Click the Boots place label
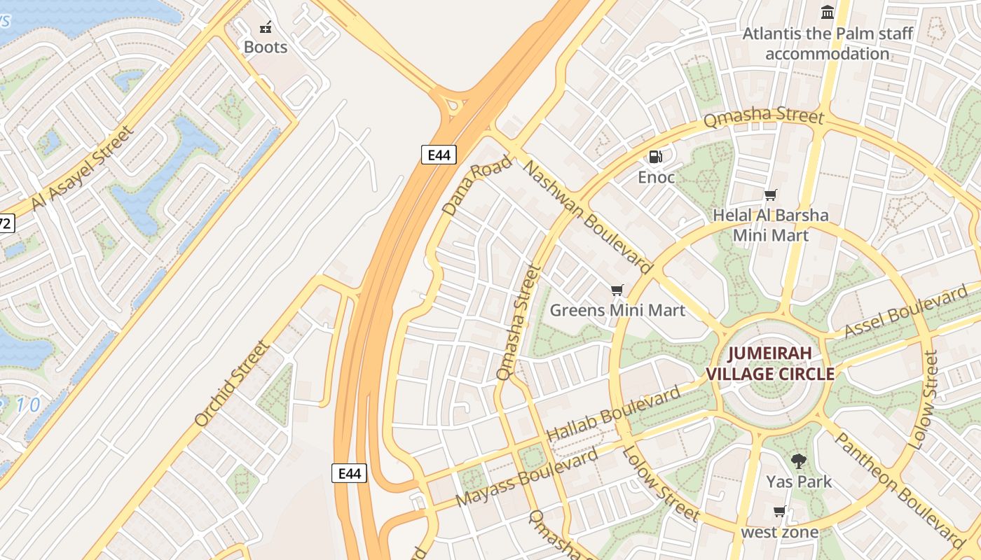click(x=266, y=47)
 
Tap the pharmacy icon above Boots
click(x=266, y=28)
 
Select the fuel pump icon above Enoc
click(x=656, y=156)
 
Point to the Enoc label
click(x=656, y=177)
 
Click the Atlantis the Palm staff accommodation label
click(x=828, y=43)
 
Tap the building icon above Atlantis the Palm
click(x=828, y=12)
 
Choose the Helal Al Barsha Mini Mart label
click(x=771, y=225)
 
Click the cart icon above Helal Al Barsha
click(x=771, y=195)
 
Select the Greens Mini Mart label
click(x=617, y=309)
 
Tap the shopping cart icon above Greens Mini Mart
click(x=617, y=290)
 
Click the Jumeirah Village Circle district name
click(x=770, y=363)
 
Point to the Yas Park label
click(x=799, y=482)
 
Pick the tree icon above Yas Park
click(x=798, y=461)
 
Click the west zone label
click(x=780, y=532)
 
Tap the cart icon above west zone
click(x=779, y=511)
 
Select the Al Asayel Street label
click(x=82, y=167)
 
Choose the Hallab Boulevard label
click(x=613, y=413)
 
